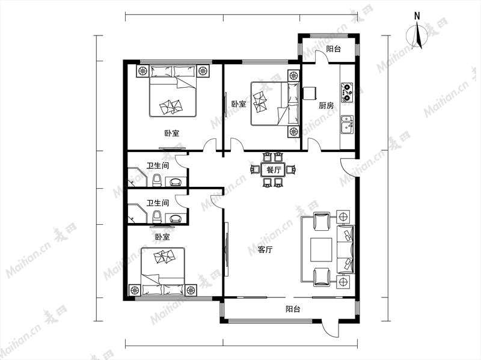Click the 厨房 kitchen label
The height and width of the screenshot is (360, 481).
click(326, 106)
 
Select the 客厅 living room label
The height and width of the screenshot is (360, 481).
click(265, 249)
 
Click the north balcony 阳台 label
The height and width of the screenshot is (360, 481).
click(333, 49)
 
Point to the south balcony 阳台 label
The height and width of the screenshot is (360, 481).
click(293, 309)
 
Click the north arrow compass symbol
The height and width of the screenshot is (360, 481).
click(417, 35)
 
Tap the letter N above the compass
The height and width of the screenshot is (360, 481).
click(417, 16)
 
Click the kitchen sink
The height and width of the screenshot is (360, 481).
click(347, 124)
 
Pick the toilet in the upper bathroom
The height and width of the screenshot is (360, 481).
click(157, 180)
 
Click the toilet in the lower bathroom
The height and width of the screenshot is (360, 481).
click(157, 216)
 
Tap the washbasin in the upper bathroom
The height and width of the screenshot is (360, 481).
click(176, 182)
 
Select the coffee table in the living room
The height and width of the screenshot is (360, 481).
click(321, 249)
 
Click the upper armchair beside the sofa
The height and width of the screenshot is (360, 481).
click(322, 221)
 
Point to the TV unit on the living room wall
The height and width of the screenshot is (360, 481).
click(226, 249)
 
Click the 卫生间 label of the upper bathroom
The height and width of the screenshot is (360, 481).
click(158, 166)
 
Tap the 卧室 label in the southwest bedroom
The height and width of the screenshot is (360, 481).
click(162, 237)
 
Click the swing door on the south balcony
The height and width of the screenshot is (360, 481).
click(329, 329)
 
